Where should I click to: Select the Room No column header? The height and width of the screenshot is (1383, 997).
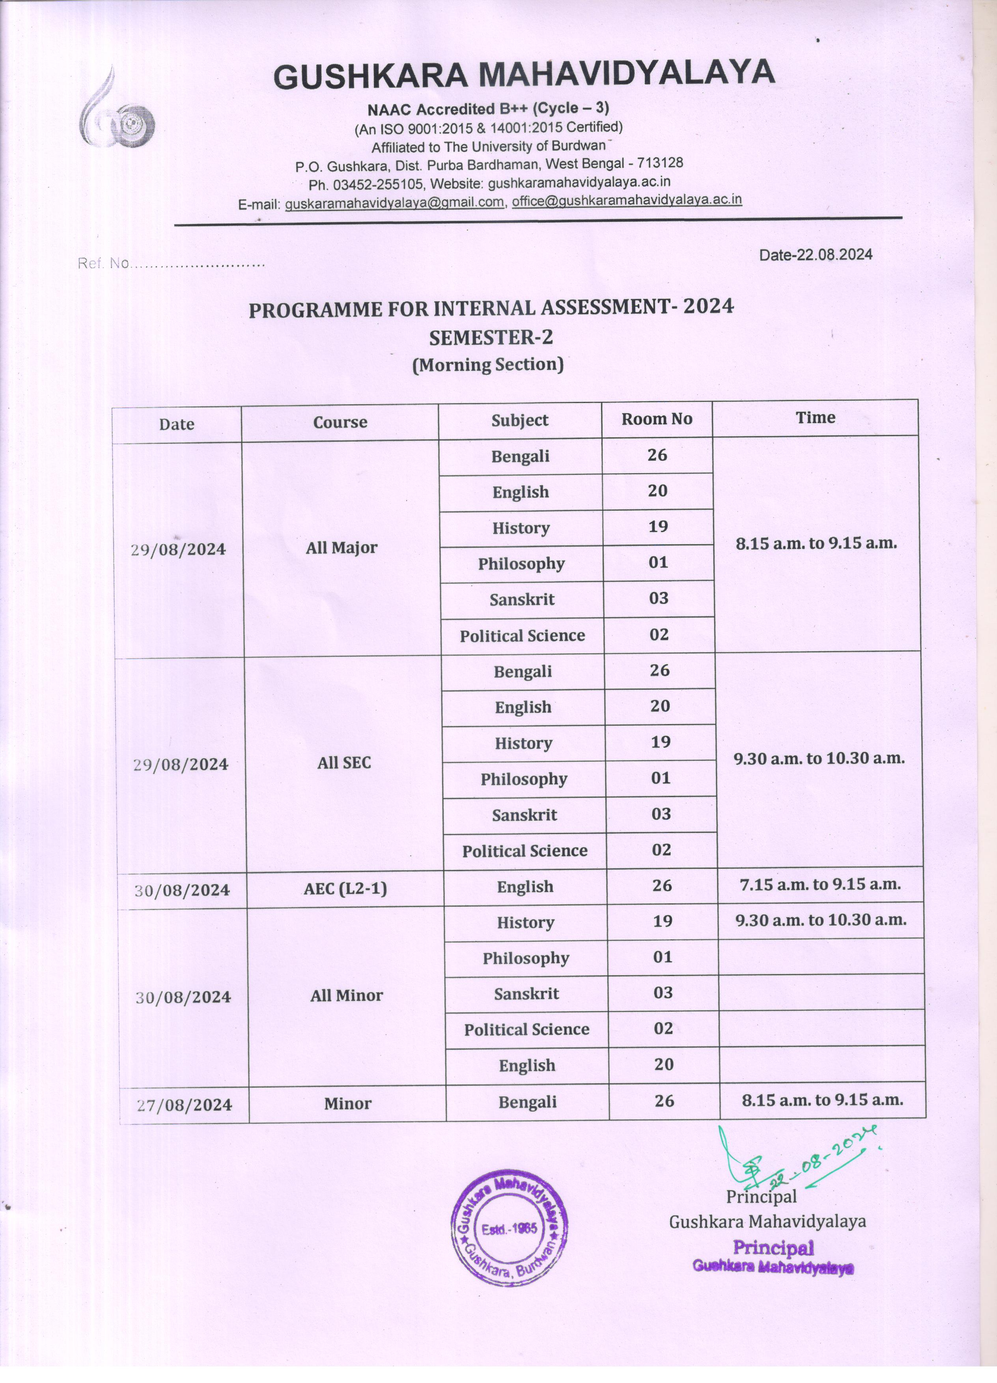[x=657, y=419]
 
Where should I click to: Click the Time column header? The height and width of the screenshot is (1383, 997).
[x=815, y=418]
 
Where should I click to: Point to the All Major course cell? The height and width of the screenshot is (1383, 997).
[x=342, y=548]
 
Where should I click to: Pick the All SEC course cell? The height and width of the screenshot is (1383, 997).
[x=344, y=763]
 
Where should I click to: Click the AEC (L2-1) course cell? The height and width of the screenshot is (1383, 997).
[x=345, y=888]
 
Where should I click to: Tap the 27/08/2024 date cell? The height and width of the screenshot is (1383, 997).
[x=184, y=1104]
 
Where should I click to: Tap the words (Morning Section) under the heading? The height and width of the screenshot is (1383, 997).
[x=488, y=365]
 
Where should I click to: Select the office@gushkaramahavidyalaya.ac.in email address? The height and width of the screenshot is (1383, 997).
[x=627, y=200]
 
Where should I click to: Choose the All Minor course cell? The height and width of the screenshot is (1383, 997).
[x=346, y=996]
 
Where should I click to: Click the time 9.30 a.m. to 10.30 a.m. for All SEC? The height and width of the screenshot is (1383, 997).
[x=819, y=759]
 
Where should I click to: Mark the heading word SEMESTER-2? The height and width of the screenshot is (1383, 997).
[x=491, y=337]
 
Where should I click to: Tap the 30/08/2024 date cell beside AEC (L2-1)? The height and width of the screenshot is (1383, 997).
[x=182, y=890]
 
